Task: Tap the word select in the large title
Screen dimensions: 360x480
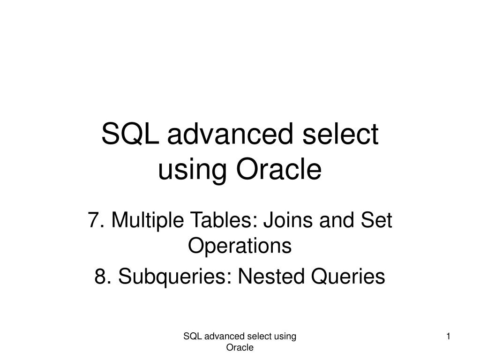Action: click(343, 135)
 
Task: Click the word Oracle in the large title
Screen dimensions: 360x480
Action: click(279, 170)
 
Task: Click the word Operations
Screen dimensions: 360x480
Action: click(240, 246)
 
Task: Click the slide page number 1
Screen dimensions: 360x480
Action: click(449, 336)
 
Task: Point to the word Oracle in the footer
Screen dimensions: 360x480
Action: click(240, 347)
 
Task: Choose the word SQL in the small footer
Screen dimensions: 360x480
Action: click(190, 336)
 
